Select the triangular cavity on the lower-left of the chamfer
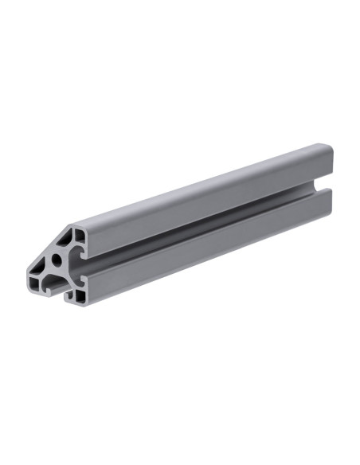(x=39, y=265)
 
